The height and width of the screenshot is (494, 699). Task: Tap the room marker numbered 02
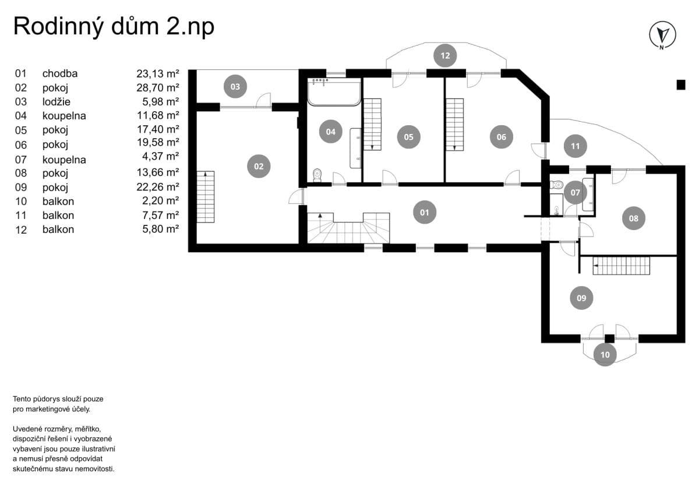(259, 167)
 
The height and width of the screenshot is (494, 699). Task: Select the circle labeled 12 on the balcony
(445, 55)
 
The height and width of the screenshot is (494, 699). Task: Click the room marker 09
(581, 298)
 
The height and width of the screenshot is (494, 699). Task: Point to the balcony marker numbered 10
(605, 355)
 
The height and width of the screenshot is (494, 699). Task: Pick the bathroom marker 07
(575, 193)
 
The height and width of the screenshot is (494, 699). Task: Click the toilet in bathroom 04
(317, 175)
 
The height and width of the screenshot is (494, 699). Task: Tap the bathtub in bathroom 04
(334, 92)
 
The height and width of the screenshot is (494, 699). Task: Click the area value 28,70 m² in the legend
(158, 88)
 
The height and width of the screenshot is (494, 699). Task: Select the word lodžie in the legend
(57, 102)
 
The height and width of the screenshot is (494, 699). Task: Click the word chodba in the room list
(60, 73)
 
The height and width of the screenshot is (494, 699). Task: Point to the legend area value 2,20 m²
(160, 200)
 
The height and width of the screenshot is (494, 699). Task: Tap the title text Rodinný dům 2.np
(114, 27)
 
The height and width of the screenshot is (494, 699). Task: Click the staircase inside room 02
(205, 196)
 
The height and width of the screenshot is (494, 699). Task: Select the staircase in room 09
(622, 266)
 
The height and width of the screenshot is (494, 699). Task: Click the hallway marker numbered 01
(425, 213)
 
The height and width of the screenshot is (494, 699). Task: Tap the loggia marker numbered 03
(235, 86)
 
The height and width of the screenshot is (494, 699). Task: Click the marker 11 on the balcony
(575, 146)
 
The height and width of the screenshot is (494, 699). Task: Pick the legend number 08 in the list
(21, 173)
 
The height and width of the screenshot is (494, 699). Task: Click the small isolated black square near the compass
(681, 85)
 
